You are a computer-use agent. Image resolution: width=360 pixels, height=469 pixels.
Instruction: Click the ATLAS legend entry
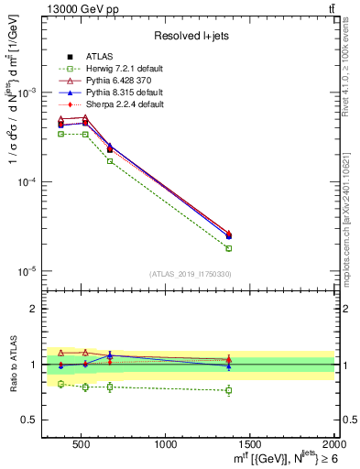coord(100,57)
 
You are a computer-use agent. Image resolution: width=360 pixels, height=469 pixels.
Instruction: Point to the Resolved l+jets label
coord(191,36)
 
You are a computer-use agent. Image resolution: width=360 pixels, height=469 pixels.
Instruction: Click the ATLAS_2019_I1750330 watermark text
coord(190,274)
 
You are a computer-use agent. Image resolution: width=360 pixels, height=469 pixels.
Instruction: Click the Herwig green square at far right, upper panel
coord(229,248)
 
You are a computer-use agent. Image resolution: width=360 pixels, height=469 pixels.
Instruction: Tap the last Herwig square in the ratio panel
coord(229,390)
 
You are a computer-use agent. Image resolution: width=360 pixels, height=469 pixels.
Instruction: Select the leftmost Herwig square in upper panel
coord(61,134)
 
